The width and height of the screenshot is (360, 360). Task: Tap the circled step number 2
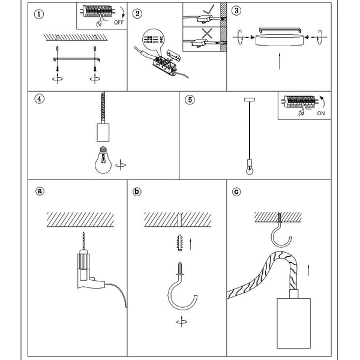(x=137, y=13)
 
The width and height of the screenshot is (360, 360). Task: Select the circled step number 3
(x=236, y=11)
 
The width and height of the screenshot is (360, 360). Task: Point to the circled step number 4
(x=40, y=100)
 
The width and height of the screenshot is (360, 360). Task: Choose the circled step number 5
(x=190, y=100)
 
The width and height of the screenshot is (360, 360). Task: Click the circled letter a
(x=40, y=192)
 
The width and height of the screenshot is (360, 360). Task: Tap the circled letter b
(x=137, y=192)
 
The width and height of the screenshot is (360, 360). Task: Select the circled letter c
(x=236, y=192)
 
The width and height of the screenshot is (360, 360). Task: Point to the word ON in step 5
(x=321, y=113)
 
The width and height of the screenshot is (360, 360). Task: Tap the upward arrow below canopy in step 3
(x=280, y=61)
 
